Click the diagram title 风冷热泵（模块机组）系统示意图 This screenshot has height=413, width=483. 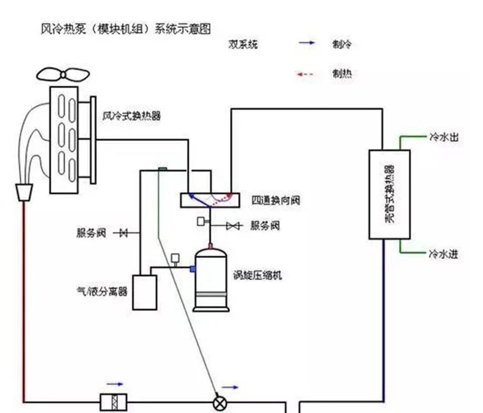[126, 29]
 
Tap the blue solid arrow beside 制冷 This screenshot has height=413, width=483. [306, 44]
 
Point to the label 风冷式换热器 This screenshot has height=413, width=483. [131, 116]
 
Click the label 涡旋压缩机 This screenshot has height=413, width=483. [257, 275]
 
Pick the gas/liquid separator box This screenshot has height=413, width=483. [144, 292]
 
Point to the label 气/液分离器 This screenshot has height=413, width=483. [101, 291]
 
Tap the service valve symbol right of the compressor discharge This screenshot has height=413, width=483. [233, 226]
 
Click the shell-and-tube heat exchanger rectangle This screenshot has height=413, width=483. [389, 194]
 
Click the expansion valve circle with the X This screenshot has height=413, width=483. [219, 404]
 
